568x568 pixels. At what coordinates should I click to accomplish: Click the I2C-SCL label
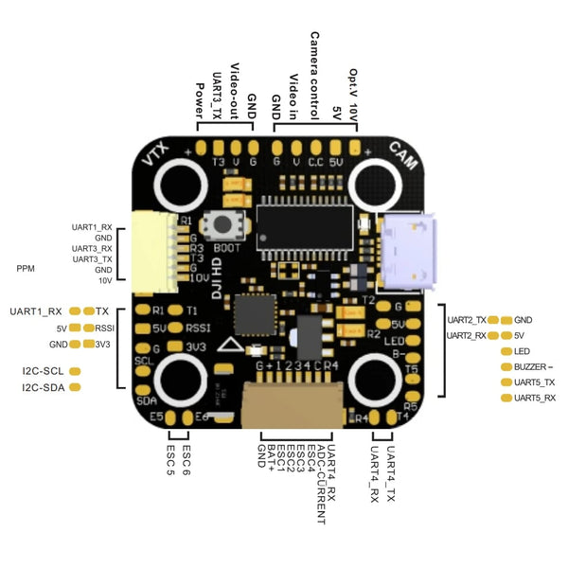43,370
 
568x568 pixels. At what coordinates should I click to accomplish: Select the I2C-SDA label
43,388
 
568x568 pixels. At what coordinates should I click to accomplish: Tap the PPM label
27,269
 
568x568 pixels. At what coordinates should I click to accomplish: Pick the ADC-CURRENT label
322,483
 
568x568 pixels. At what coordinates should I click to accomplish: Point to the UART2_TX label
468,320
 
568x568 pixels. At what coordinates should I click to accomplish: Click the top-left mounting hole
180,184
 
